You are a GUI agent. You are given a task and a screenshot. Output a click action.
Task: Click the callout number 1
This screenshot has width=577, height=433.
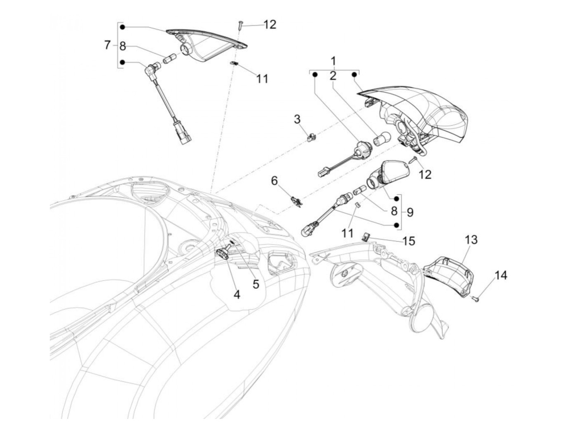(x=334, y=62)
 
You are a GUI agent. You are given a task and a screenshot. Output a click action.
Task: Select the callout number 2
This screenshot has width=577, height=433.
(x=333, y=75)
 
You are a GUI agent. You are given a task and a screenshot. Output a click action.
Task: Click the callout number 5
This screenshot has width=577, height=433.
(x=256, y=284)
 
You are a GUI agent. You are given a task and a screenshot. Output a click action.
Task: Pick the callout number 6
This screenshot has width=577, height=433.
(x=275, y=181)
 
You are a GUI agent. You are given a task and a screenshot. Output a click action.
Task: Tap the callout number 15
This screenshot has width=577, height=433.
(x=409, y=241)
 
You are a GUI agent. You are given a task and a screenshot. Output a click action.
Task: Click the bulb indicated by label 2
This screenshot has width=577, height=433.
(x=378, y=142)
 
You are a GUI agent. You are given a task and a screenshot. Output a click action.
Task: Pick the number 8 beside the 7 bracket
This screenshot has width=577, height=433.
(x=122, y=46)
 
